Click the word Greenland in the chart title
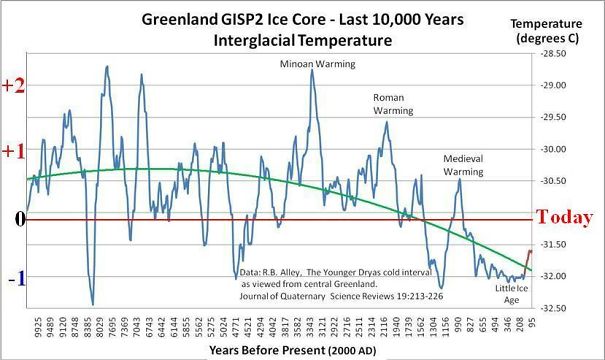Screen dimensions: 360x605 186,19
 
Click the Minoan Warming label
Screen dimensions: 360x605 312,63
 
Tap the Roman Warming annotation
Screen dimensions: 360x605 393,104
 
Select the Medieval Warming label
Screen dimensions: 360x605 463,164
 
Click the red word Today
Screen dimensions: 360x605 564,217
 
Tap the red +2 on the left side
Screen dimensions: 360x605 13,86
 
